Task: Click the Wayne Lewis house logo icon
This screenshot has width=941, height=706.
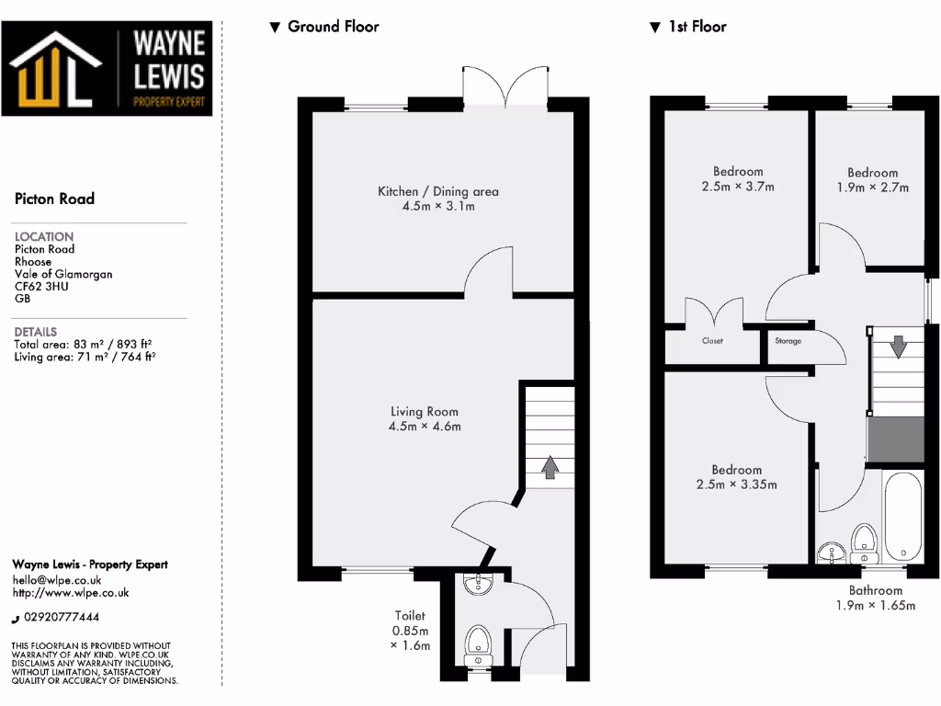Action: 55,72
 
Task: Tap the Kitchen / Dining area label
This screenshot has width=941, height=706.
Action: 438,191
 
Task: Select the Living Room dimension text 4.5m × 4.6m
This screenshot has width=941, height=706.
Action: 424,427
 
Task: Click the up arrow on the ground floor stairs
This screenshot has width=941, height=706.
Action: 550,468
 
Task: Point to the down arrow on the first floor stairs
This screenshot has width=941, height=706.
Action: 897,348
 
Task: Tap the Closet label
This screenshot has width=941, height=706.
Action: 712,341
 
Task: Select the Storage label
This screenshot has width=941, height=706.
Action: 788,341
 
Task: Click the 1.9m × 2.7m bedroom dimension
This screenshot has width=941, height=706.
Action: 872,188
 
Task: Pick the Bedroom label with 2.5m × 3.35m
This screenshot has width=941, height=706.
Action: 736,470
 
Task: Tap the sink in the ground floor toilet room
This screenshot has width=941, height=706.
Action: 478,584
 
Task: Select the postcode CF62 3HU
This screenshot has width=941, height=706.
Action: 41,286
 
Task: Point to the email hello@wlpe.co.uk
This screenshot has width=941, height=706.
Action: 56,580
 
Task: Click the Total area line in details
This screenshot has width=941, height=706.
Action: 84,345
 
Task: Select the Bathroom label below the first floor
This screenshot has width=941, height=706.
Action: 875,591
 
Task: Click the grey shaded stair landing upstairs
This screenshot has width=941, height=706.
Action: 896,439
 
